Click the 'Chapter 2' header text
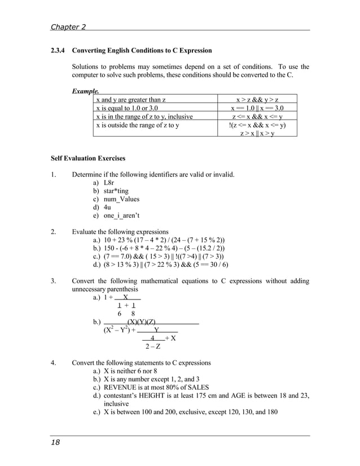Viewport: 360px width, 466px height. (68, 27)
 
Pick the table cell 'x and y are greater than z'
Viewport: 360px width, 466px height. (131, 100)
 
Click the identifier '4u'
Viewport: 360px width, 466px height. (107, 207)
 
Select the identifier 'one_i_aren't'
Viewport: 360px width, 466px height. (122, 215)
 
